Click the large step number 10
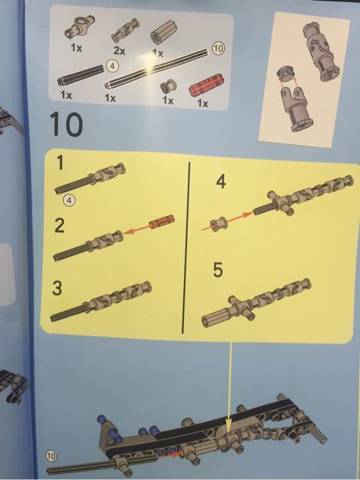click(66, 124)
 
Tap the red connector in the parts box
click(206, 84)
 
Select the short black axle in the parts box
click(80, 74)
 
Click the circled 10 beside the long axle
click(218, 48)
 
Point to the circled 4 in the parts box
click(113, 66)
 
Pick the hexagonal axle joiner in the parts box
click(163, 33)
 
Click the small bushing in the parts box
click(168, 86)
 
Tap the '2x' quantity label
click(119, 50)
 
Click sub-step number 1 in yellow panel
click(60, 163)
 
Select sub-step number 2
click(60, 226)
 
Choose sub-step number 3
click(57, 288)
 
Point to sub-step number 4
click(220, 182)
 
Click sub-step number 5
click(218, 270)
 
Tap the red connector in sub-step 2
click(162, 222)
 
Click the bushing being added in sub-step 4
click(218, 224)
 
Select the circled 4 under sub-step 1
click(69, 200)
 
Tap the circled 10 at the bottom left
click(51, 456)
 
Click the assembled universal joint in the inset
click(321, 51)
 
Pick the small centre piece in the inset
click(286, 73)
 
